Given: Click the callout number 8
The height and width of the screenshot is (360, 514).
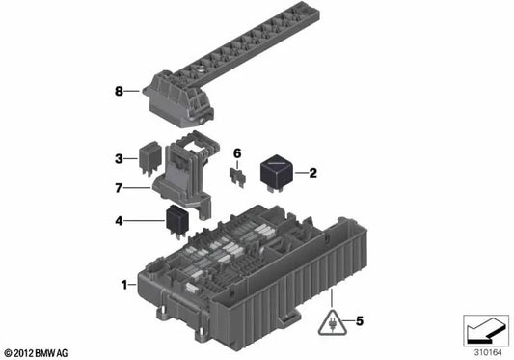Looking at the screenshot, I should tap(120, 93).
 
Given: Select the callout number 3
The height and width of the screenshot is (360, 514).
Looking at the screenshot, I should tap(121, 157).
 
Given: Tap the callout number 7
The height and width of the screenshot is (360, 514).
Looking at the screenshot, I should tap(120, 188).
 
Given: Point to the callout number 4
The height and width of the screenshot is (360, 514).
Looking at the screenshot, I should tap(120, 220).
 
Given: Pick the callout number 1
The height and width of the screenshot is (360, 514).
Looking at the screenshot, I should tap(124, 285).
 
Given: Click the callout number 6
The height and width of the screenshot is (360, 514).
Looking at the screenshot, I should tap(237, 152).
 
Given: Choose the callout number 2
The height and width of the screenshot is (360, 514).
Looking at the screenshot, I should tap(312, 174).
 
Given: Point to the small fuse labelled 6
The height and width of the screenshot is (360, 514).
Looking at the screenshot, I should tap(235, 177).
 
